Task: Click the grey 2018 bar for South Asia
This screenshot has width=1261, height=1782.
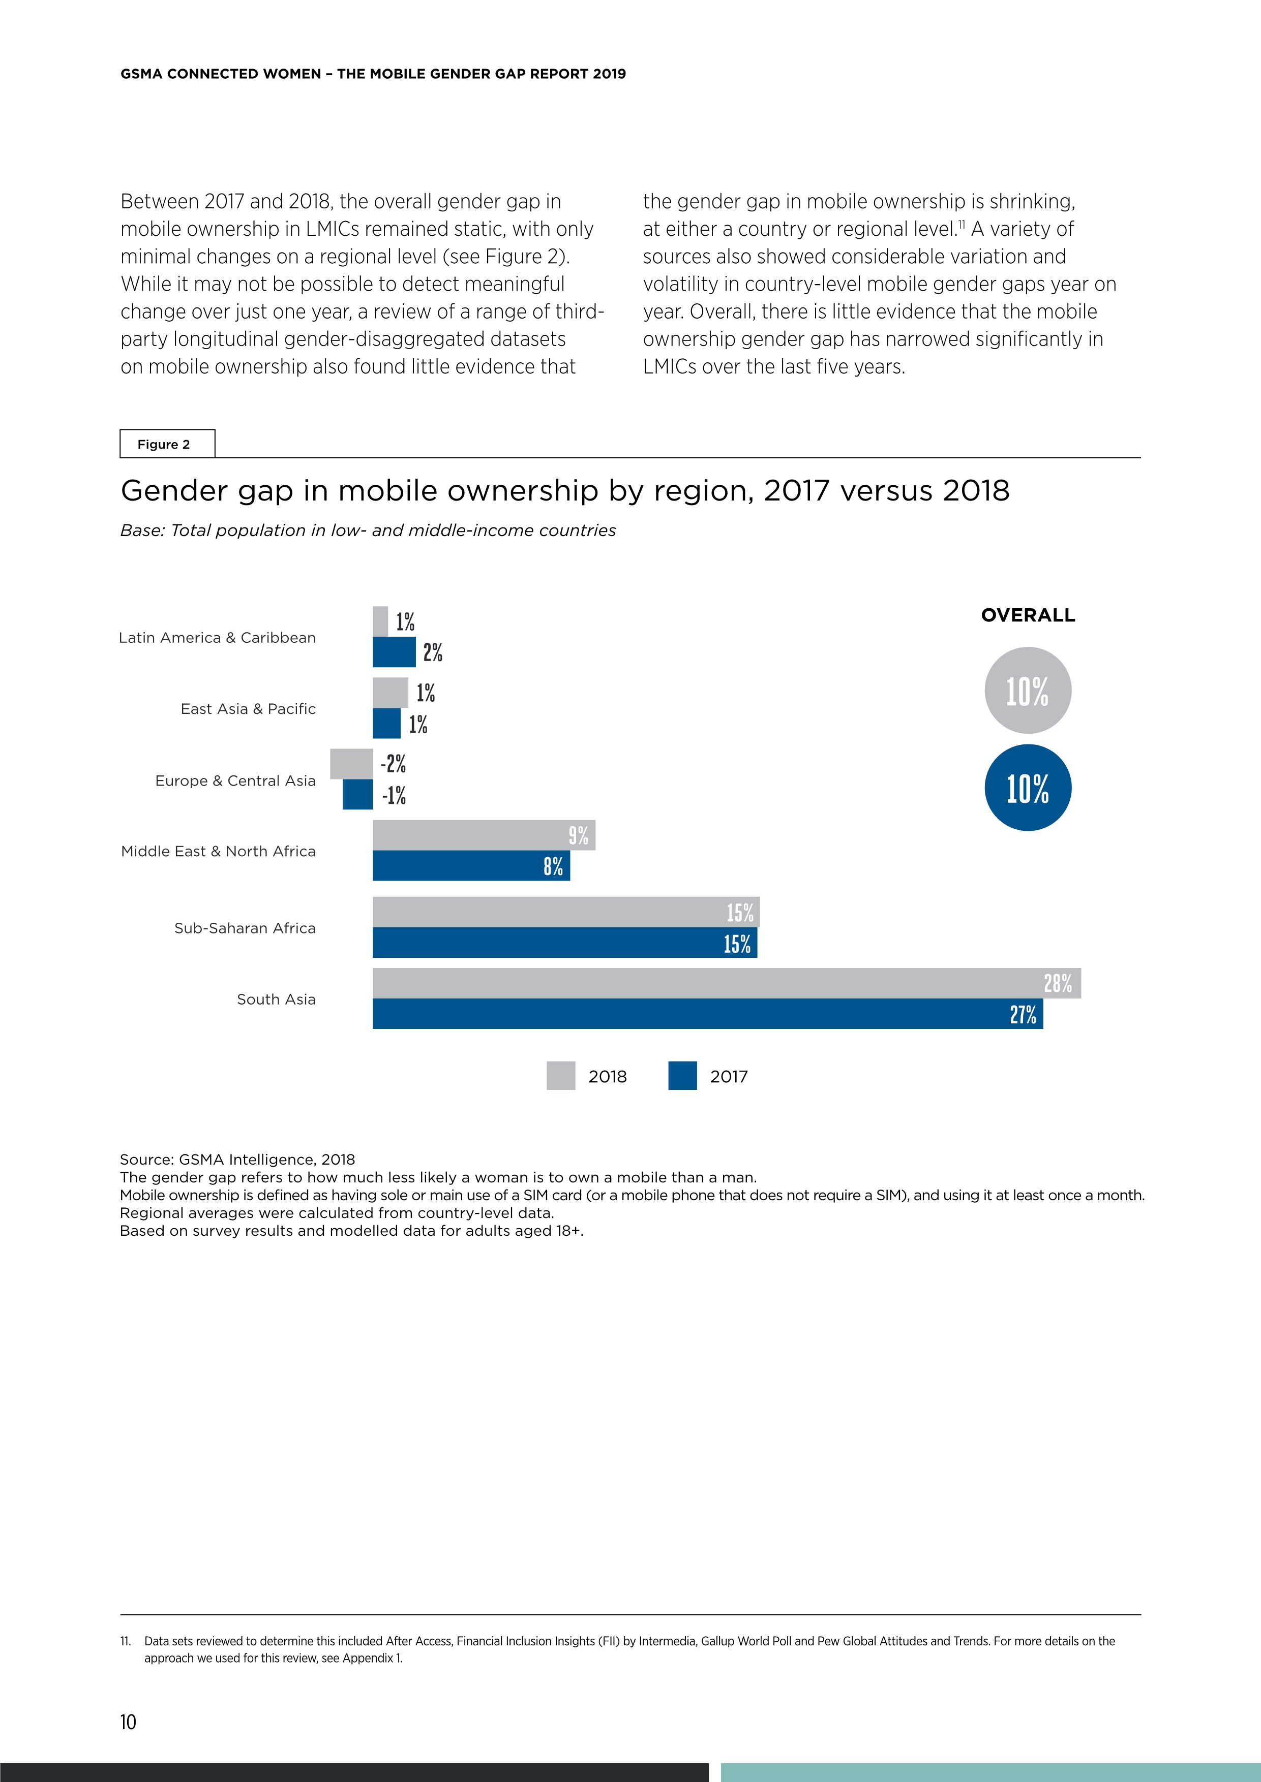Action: point(726,983)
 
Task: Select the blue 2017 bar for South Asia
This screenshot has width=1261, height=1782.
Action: point(707,1014)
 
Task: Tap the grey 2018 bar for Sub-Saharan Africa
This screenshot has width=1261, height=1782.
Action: point(565,912)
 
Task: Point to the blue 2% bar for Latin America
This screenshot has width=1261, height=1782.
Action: point(394,652)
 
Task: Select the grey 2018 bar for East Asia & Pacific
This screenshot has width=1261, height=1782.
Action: point(390,692)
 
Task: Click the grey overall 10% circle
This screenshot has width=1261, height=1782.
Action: point(1027,690)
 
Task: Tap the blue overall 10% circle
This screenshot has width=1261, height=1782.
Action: point(1027,788)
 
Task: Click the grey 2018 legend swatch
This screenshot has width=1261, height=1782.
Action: point(561,1076)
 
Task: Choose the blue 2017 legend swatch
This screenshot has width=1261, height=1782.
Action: point(682,1076)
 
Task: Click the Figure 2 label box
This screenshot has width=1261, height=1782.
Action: point(167,444)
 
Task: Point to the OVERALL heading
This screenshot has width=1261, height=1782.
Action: point(1027,615)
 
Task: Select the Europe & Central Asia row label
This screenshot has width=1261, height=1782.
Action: point(235,781)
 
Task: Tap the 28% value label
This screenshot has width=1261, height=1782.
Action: point(1058,983)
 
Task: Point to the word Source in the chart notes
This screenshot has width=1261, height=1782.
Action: point(146,1160)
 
